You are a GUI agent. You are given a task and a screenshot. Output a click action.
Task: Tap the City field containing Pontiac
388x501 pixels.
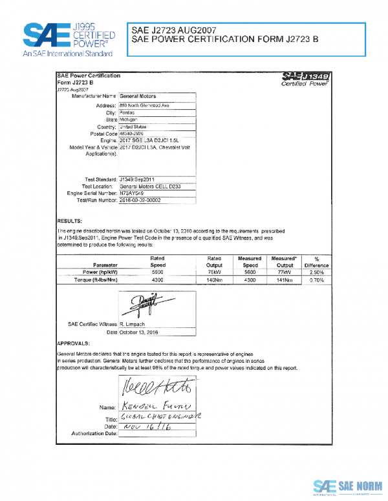127,112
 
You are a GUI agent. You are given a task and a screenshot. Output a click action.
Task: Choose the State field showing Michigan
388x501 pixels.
129,119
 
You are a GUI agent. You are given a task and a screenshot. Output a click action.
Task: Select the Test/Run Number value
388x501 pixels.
140,200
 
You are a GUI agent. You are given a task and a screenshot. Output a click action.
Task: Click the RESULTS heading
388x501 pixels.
69,220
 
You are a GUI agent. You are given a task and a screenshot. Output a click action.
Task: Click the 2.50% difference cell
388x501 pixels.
316,272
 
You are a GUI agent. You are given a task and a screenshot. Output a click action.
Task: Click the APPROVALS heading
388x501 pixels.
73,343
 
